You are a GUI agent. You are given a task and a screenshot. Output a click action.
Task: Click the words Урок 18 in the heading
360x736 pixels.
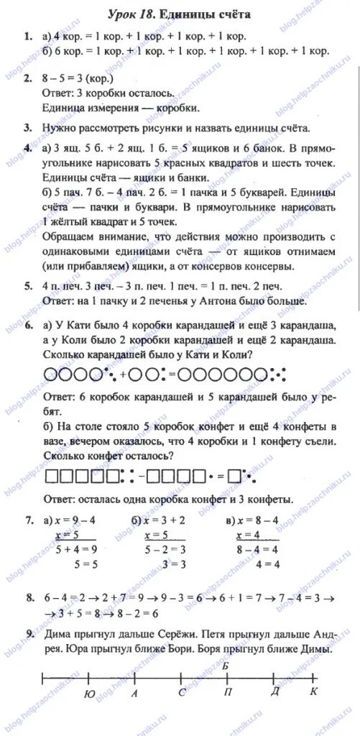(x=129, y=14)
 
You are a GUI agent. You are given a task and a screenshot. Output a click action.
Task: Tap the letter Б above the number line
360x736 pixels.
(x=226, y=666)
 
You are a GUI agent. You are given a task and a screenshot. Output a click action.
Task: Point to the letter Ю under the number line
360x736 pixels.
(x=88, y=694)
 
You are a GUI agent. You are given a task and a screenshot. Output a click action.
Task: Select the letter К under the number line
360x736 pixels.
(x=313, y=691)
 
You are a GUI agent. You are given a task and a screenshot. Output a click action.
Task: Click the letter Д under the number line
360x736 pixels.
(x=274, y=691)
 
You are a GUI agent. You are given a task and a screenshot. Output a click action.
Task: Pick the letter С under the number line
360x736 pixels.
(x=182, y=693)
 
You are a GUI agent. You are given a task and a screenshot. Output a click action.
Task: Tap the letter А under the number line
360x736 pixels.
(x=134, y=694)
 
